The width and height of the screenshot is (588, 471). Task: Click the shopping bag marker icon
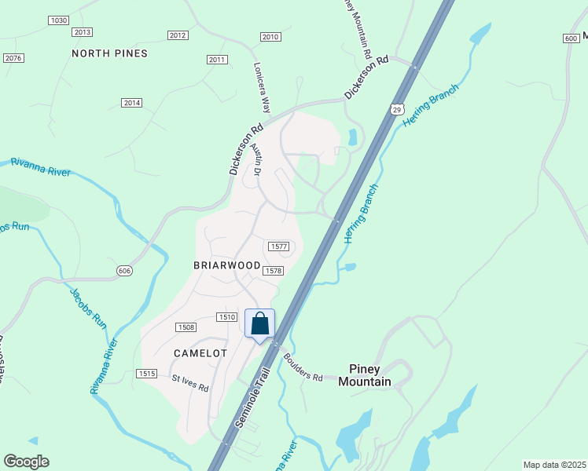(260, 323)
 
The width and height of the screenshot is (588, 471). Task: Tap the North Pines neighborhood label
(120, 53)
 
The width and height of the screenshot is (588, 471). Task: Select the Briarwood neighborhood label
(227, 265)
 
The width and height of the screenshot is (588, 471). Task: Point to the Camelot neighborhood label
(200, 353)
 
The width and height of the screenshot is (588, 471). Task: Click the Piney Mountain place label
(365, 375)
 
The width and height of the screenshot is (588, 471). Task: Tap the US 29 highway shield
(397, 108)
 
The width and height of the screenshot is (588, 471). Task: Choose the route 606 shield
(125, 270)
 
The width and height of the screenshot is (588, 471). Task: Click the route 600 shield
(571, 38)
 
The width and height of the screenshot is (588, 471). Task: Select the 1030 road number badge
(58, 20)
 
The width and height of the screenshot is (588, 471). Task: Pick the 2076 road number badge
(13, 58)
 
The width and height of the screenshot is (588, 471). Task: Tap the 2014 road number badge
(131, 103)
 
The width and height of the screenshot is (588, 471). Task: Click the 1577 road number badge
(279, 246)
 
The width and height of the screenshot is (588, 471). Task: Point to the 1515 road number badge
(146, 373)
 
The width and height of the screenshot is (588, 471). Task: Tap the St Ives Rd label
(191, 383)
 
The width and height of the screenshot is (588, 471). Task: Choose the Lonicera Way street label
(263, 88)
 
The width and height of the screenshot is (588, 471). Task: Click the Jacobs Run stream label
(88, 307)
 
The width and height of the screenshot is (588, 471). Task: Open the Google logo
(26, 462)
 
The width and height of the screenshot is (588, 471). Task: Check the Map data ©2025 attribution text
(554, 465)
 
